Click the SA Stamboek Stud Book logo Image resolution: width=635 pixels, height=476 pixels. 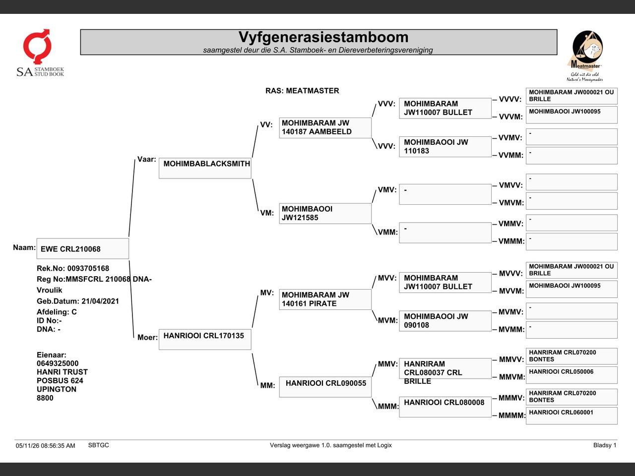tap(40, 53)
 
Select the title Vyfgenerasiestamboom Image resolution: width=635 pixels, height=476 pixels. tap(323, 37)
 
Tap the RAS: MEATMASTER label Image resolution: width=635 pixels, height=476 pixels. tap(302, 91)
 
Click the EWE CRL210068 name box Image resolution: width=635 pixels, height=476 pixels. tap(83, 248)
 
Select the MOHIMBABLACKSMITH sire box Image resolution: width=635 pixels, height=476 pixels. tap(205, 168)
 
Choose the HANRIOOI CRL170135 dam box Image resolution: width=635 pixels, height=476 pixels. tap(205, 339)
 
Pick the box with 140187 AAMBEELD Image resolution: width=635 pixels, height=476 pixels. tap(325, 128)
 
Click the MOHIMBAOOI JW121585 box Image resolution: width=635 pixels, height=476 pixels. tap(325, 214)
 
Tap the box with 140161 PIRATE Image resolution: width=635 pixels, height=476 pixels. tap(325, 299)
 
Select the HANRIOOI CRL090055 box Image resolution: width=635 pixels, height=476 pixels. tap(325, 387)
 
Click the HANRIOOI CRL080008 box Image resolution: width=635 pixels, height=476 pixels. tap(445, 407)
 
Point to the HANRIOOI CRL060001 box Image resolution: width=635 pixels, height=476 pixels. tap(571, 416)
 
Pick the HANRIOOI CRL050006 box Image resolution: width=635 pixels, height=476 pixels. tap(571, 375)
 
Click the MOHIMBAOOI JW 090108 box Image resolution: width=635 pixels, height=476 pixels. tap(445, 321)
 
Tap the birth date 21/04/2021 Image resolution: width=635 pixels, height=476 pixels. tap(100, 301)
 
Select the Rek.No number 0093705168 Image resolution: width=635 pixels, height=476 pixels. tap(88, 268)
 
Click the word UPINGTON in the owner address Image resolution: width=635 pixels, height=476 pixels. tap(57, 389)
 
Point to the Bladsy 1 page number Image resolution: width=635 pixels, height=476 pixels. tap(605, 445)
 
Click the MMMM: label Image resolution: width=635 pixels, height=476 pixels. tap(511, 416)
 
